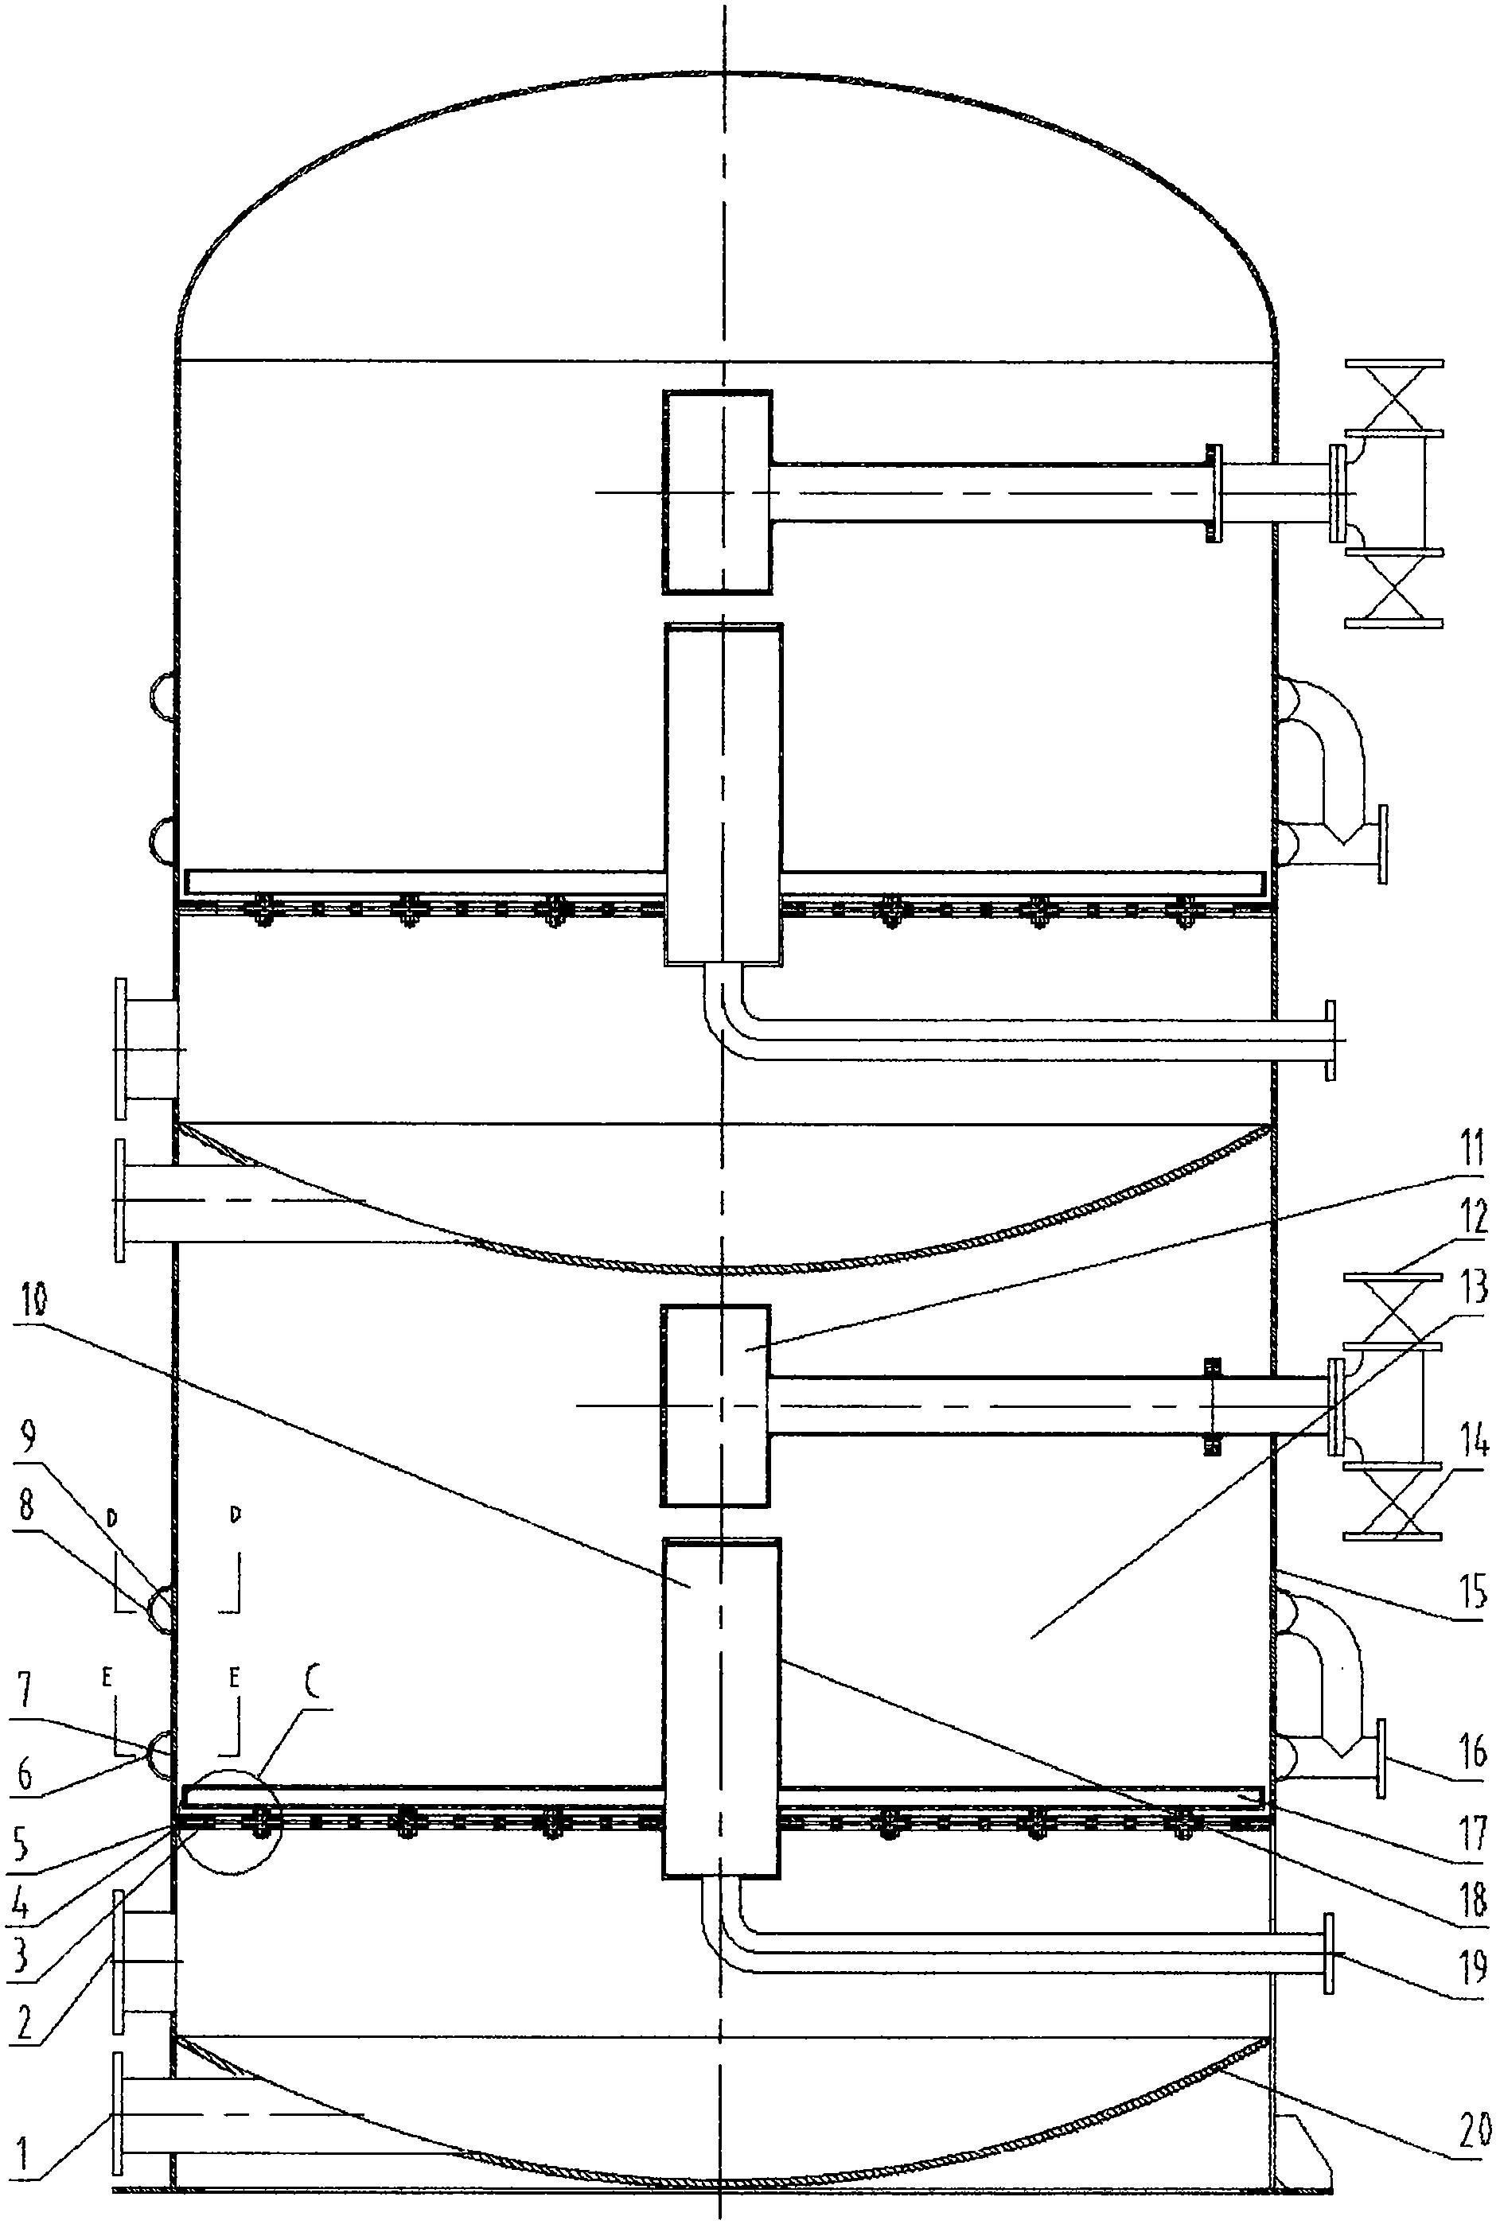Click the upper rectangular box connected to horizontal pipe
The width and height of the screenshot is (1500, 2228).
(x=716, y=492)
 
